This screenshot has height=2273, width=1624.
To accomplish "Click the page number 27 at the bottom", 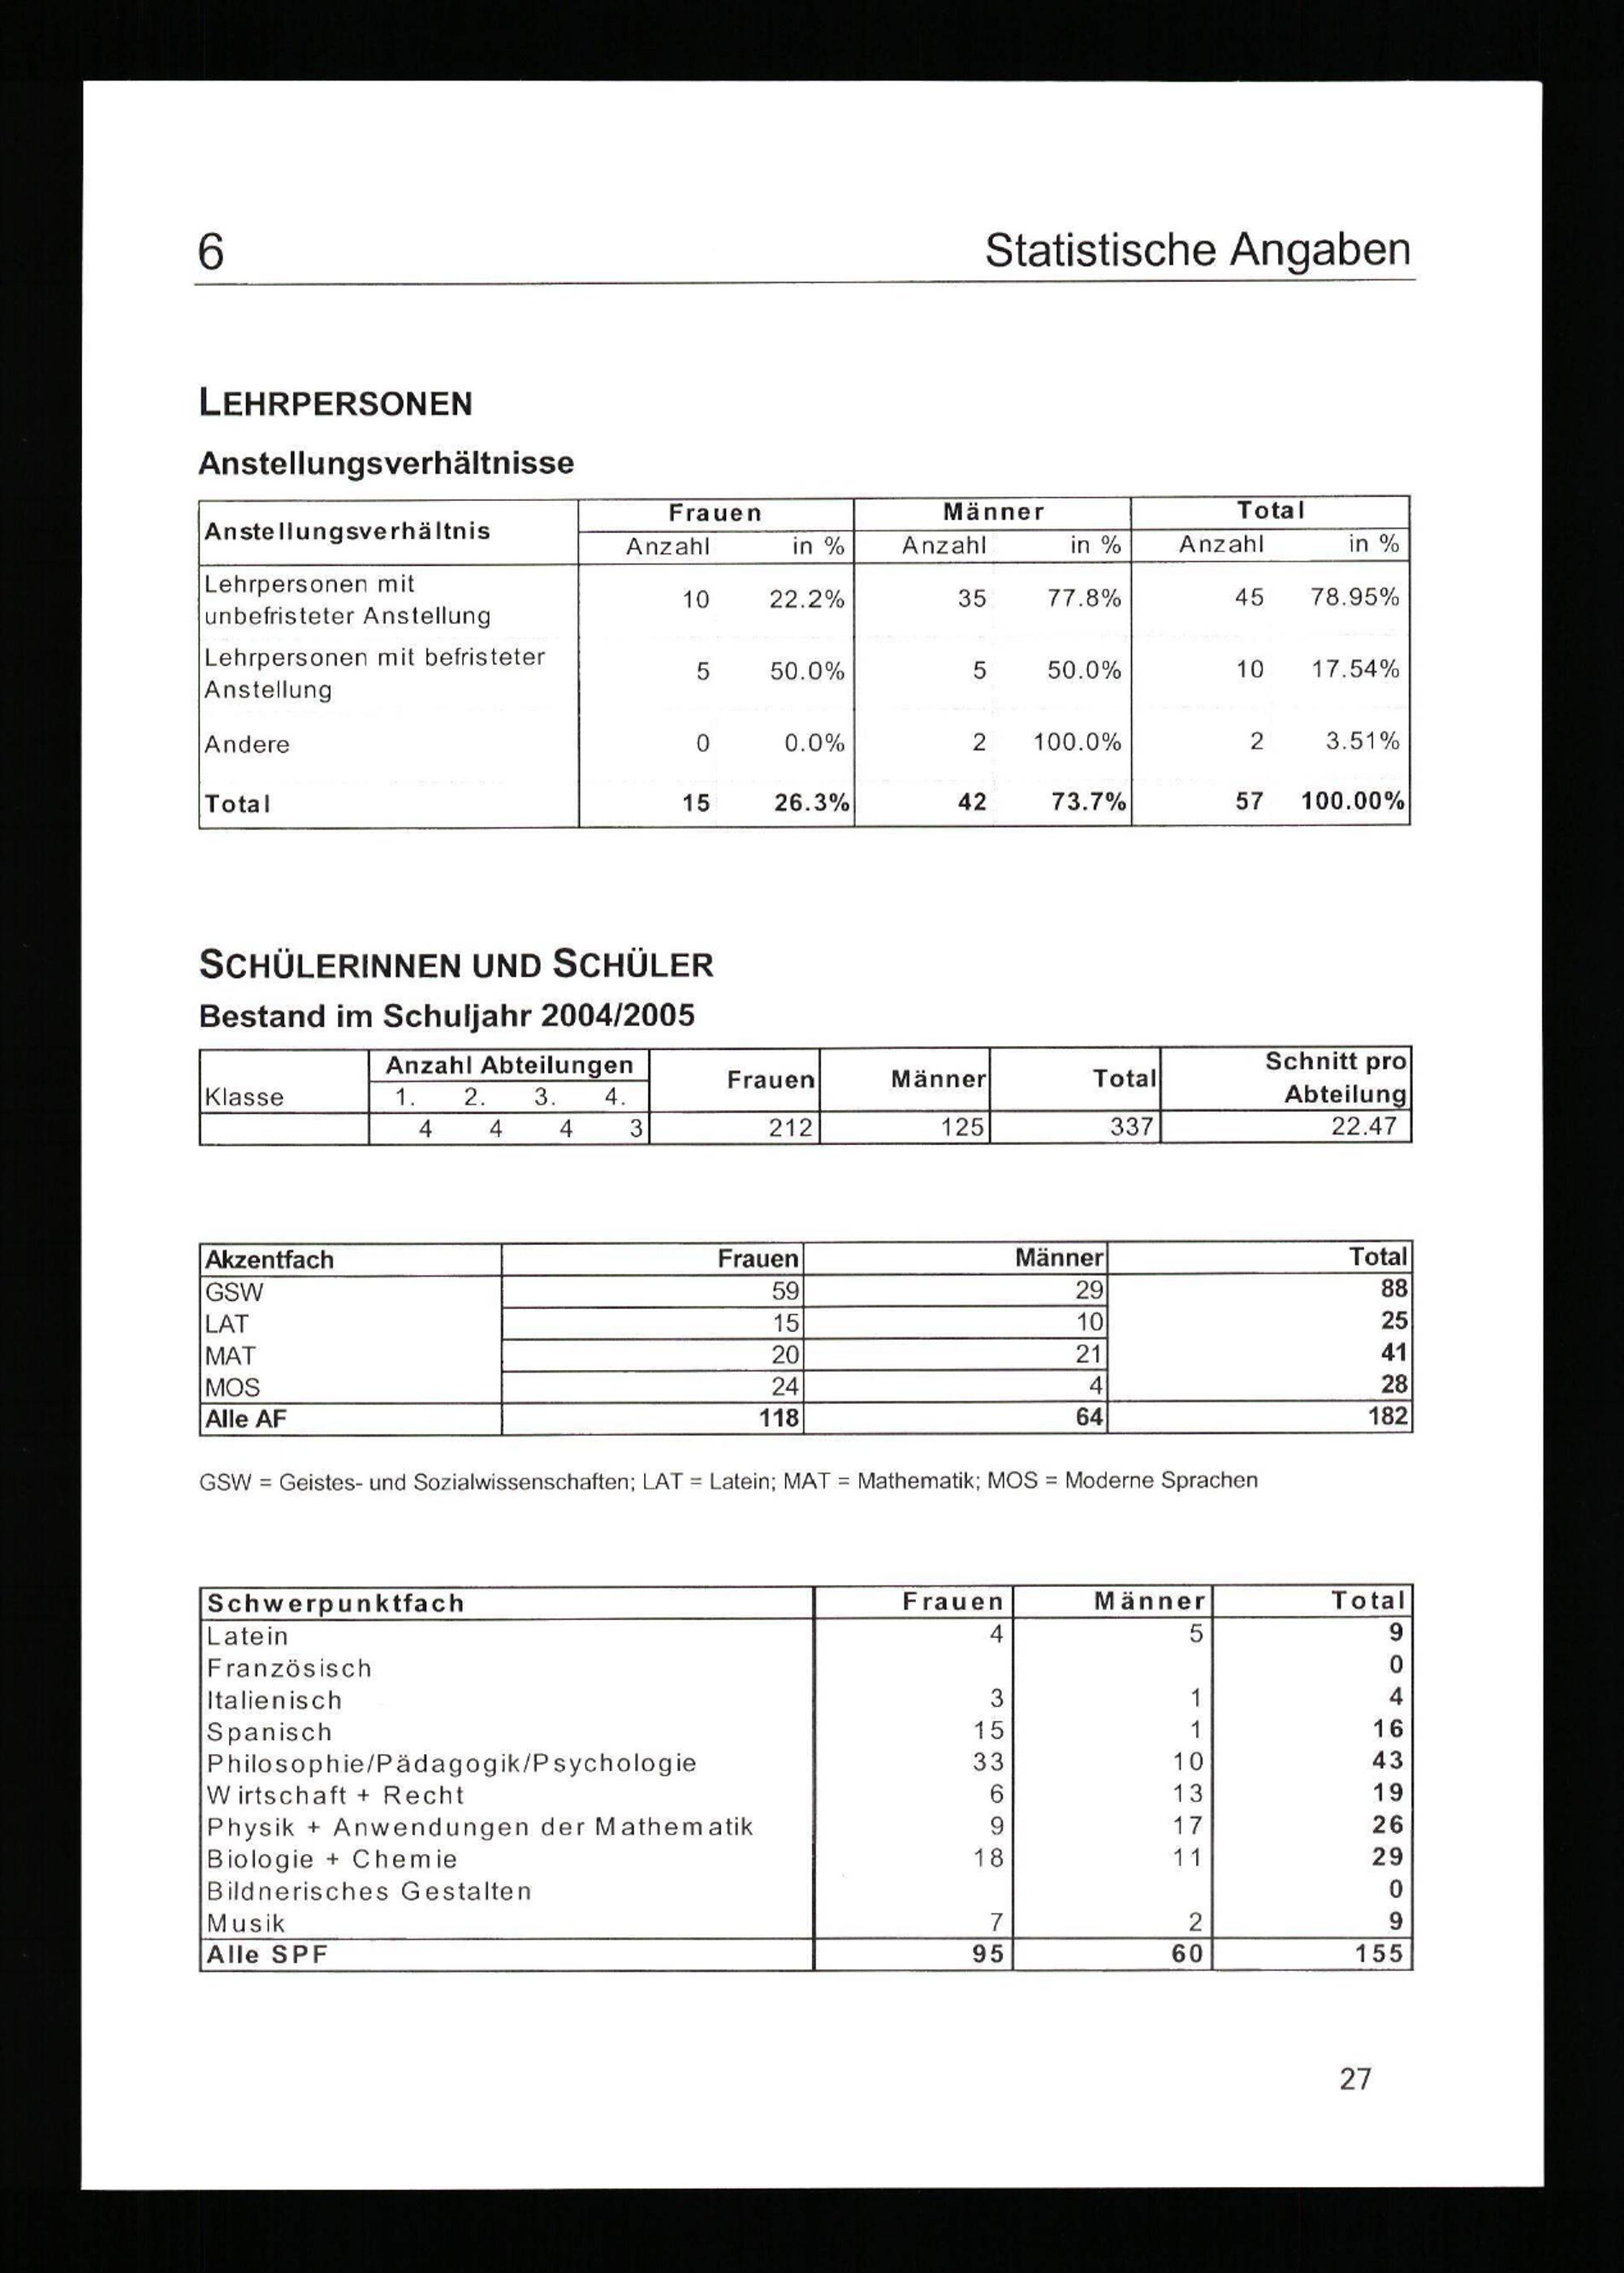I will tap(1355, 2079).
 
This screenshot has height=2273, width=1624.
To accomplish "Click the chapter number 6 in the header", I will tap(211, 252).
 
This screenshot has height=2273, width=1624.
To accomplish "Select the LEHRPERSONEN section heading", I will tap(336, 404).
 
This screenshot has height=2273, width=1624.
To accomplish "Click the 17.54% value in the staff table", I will tap(1355, 669).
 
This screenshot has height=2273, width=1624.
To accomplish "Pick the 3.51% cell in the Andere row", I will tap(1362, 741).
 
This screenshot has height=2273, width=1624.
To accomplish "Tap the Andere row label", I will tap(247, 744).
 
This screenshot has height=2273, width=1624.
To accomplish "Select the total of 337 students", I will tap(1132, 1128).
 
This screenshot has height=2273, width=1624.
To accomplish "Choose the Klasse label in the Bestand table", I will tap(244, 1097).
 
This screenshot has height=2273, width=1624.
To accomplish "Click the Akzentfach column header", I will tap(269, 1259).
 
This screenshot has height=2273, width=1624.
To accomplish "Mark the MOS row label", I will tap(232, 1387).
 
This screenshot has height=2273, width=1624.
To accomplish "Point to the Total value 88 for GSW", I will tap(1393, 1289).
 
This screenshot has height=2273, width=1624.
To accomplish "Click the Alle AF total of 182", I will tap(1388, 1416).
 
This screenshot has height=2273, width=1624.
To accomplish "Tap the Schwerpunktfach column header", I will tap(336, 1603).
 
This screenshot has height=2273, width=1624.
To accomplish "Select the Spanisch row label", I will tap(269, 1732).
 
